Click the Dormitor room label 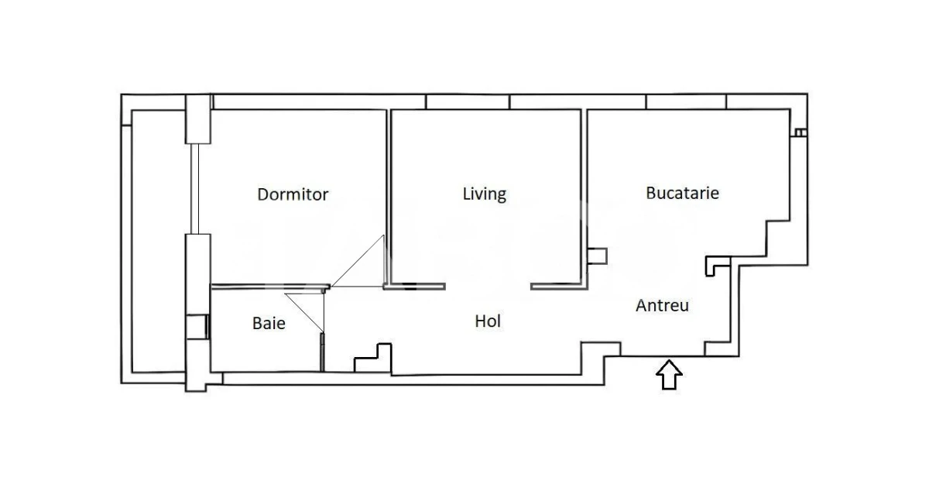pos(293,194)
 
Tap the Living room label pos(484,193)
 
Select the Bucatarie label pos(682,193)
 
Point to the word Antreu pos(662,306)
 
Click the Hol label pos(488,321)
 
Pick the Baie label pos(269,323)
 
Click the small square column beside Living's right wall pos(598,256)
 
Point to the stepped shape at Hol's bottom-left pos(373,357)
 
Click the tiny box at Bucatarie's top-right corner pos(800,132)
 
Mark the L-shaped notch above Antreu pos(717,266)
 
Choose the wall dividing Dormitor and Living pos(389,194)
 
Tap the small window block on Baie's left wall pos(197,327)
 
